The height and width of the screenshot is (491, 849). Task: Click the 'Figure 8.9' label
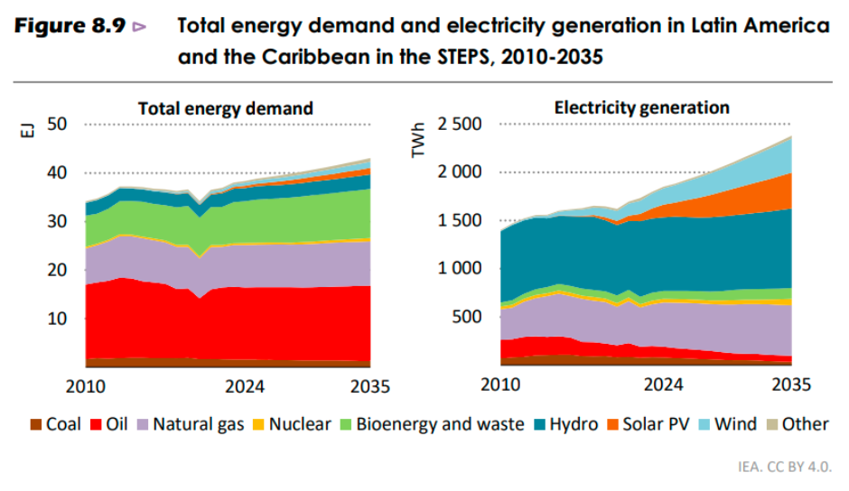[69, 26]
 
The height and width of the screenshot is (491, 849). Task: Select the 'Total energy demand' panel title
[225, 108]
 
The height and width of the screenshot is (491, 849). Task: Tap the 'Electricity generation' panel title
[641, 107]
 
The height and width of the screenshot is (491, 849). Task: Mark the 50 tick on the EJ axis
[58, 124]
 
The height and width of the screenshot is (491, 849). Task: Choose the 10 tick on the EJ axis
[58, 318]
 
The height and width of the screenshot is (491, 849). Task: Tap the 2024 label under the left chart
[245, 386]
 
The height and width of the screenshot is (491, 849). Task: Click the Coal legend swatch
[35, 424]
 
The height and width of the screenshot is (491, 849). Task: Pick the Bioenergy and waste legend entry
[431, 424]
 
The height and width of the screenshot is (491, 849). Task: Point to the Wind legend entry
[726, 424]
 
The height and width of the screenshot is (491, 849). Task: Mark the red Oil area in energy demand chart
[226, 325]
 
